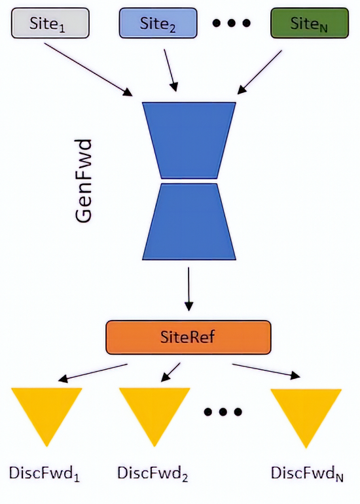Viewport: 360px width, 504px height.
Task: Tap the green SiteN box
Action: click(308, 24)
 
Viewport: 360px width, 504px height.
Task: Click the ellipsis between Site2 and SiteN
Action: click(232, 24)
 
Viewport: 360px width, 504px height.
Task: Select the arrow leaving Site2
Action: click(169, 69)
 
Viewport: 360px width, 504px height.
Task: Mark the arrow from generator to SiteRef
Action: click(189, 288)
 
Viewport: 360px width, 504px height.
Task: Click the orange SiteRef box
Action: click(188, 337)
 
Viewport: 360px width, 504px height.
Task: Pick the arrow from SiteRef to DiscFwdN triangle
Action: click(266, 370)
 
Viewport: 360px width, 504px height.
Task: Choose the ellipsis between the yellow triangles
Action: click(223, 412)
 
